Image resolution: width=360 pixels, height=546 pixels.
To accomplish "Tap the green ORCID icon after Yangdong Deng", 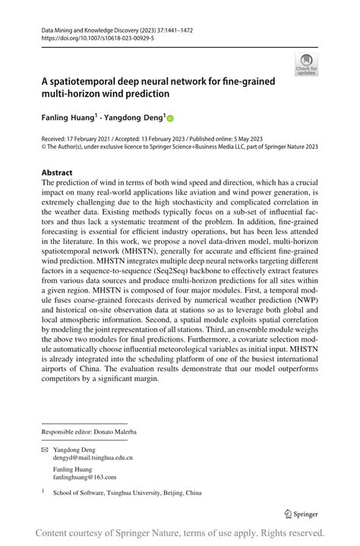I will tap(170, 118).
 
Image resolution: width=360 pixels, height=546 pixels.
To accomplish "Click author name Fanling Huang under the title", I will tap(67, 118).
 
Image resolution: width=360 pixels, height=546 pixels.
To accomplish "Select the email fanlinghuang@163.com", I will tap(85, 477).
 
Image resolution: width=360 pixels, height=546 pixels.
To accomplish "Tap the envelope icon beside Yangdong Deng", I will tap(45, 449).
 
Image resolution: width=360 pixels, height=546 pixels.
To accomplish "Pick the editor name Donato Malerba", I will tap(112, 431).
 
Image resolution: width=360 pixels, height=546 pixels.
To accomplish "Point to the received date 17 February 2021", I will tap(93, 138).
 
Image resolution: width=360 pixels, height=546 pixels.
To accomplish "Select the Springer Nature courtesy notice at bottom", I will tap(180, 533).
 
